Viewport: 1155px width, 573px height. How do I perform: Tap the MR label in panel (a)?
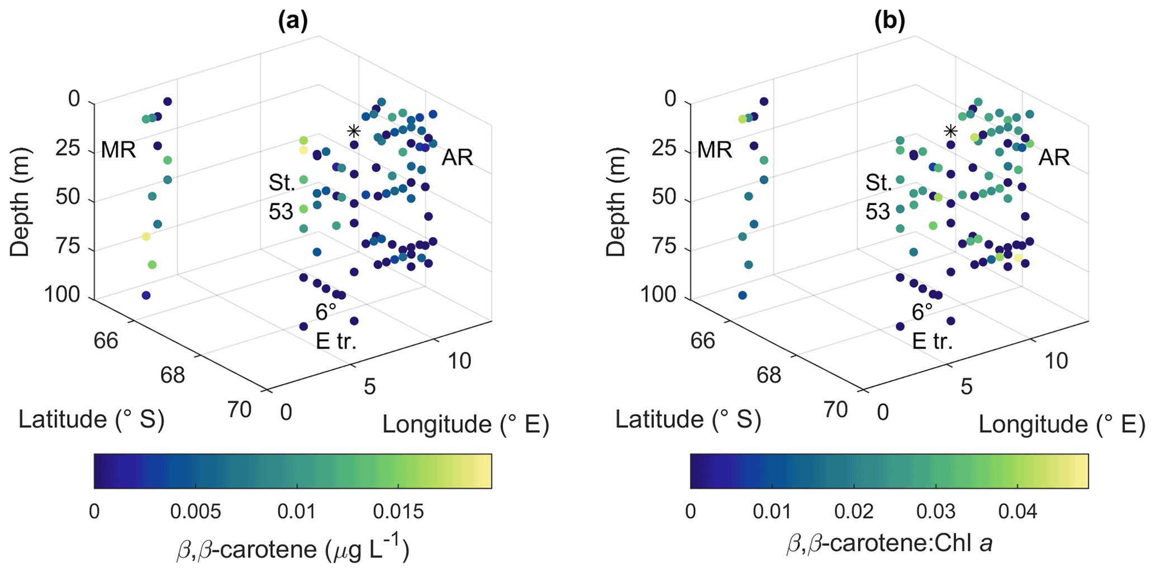pyautogui.click(x=118, y=150)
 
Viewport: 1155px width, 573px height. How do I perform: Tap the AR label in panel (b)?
pyautogui.click(x=1054, y=157)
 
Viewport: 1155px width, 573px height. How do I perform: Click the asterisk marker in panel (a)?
pyautogui.click(x=353, y=132)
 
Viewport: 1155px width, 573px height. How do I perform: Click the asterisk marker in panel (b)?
pyautogui.click(x=950, y=132)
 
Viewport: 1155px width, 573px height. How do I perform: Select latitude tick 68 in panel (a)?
pyautogui.click(x=172, y=375)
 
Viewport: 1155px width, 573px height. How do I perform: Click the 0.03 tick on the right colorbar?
pyautogui.click(x=936, y=511)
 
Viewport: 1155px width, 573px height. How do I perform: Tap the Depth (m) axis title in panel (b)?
pyautogui.click(x=616, y=202)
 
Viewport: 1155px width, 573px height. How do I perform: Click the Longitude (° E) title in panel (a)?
pyautogui.click(x=465, y=425)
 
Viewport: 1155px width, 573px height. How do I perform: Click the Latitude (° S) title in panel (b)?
pyautogui.click(x=688, y=419)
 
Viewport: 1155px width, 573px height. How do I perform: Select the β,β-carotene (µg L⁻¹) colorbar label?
pyautogui.click(x=293, y=549)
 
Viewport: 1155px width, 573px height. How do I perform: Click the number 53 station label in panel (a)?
pyautogui.click(x=281, y=212)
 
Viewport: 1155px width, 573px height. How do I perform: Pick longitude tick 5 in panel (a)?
pyautogui.click(x=369, y=387)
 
